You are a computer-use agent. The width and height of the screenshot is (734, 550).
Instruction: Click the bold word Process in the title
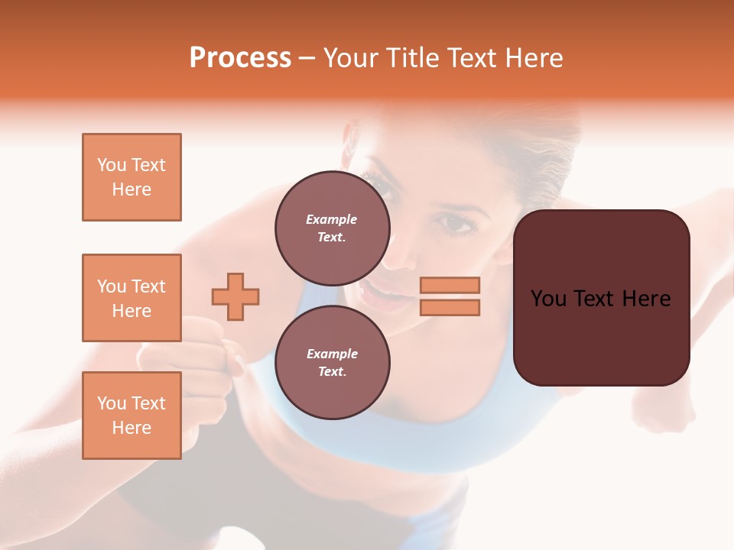click(x=240, y=58)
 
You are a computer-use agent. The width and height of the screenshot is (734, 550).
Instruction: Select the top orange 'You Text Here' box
click(x=132, y=177)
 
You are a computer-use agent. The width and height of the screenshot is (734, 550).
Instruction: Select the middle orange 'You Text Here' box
click(x=132, y=298)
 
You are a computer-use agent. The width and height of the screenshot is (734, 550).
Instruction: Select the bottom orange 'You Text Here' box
click(x=132, y=416)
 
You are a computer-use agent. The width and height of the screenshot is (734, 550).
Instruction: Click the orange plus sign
click(x=235, y=296)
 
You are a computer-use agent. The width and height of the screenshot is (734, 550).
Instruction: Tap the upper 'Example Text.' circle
click(x=332, y=228)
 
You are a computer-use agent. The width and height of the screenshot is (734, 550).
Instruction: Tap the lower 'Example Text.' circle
click(x=332, y=363)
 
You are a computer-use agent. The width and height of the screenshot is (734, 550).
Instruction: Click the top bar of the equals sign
click(x=450, y=285)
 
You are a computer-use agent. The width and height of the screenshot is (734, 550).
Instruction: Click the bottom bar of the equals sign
click(x=450, y=307)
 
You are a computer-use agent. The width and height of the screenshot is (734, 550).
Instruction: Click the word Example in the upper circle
click(x=332, y=219)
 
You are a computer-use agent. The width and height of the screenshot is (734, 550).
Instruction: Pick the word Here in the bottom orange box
click(x=132, y=428)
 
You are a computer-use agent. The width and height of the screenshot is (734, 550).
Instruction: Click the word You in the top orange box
click(x=111, y=165)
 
